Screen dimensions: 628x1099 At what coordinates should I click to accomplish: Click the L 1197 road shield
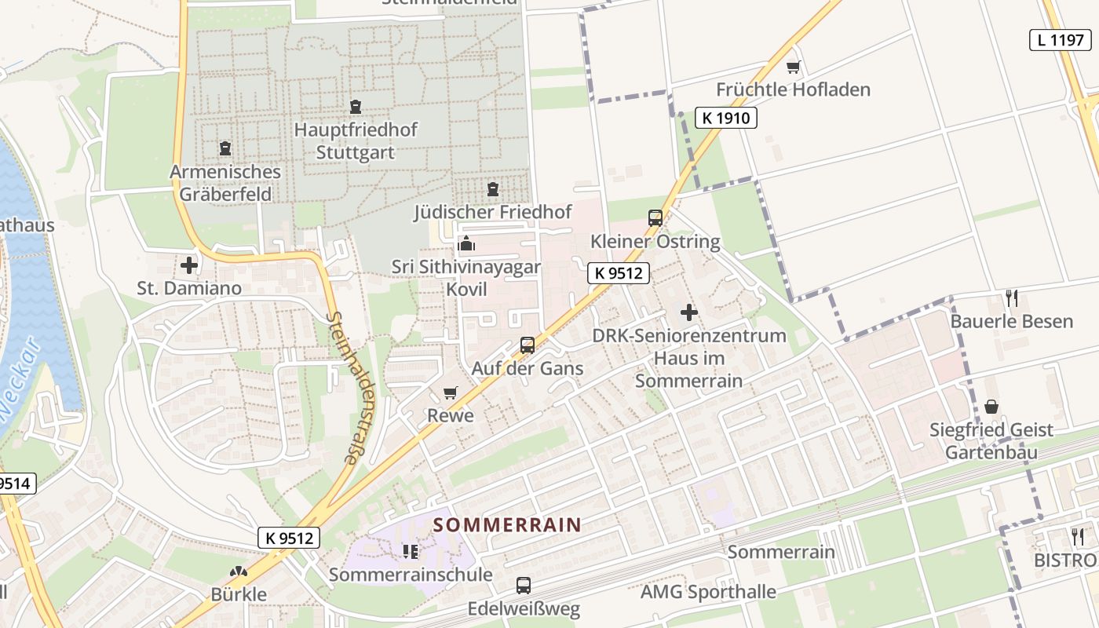1061,40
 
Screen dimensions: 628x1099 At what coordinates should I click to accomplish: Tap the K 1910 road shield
725,119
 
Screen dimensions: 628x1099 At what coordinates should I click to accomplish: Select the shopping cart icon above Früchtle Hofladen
793,68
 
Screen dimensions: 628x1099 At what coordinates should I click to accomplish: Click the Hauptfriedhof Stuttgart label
356,141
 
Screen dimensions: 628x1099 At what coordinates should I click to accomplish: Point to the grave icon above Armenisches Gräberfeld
225,148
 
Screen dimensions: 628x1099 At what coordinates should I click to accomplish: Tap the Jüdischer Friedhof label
493,212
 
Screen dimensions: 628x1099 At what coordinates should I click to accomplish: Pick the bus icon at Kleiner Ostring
655,218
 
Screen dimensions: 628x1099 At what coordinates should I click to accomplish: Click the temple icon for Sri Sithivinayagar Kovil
466,244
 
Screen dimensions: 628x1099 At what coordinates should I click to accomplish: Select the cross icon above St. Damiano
189,265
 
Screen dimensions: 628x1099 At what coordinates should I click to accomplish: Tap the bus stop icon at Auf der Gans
528,345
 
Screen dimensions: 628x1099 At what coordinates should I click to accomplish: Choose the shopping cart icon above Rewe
450,392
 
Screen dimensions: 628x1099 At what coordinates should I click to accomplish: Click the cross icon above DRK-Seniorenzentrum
689,312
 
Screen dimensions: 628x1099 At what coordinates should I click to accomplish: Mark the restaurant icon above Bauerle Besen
1012,298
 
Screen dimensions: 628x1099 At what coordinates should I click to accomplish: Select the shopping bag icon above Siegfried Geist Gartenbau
991,407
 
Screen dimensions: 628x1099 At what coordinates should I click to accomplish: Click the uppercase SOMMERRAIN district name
508,525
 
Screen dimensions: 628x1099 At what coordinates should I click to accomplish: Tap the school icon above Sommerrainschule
411,552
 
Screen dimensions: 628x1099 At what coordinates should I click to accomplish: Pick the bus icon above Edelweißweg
523,586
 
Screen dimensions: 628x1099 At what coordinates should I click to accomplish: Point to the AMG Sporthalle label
708,592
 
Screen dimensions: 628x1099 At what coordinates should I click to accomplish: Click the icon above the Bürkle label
239,572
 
